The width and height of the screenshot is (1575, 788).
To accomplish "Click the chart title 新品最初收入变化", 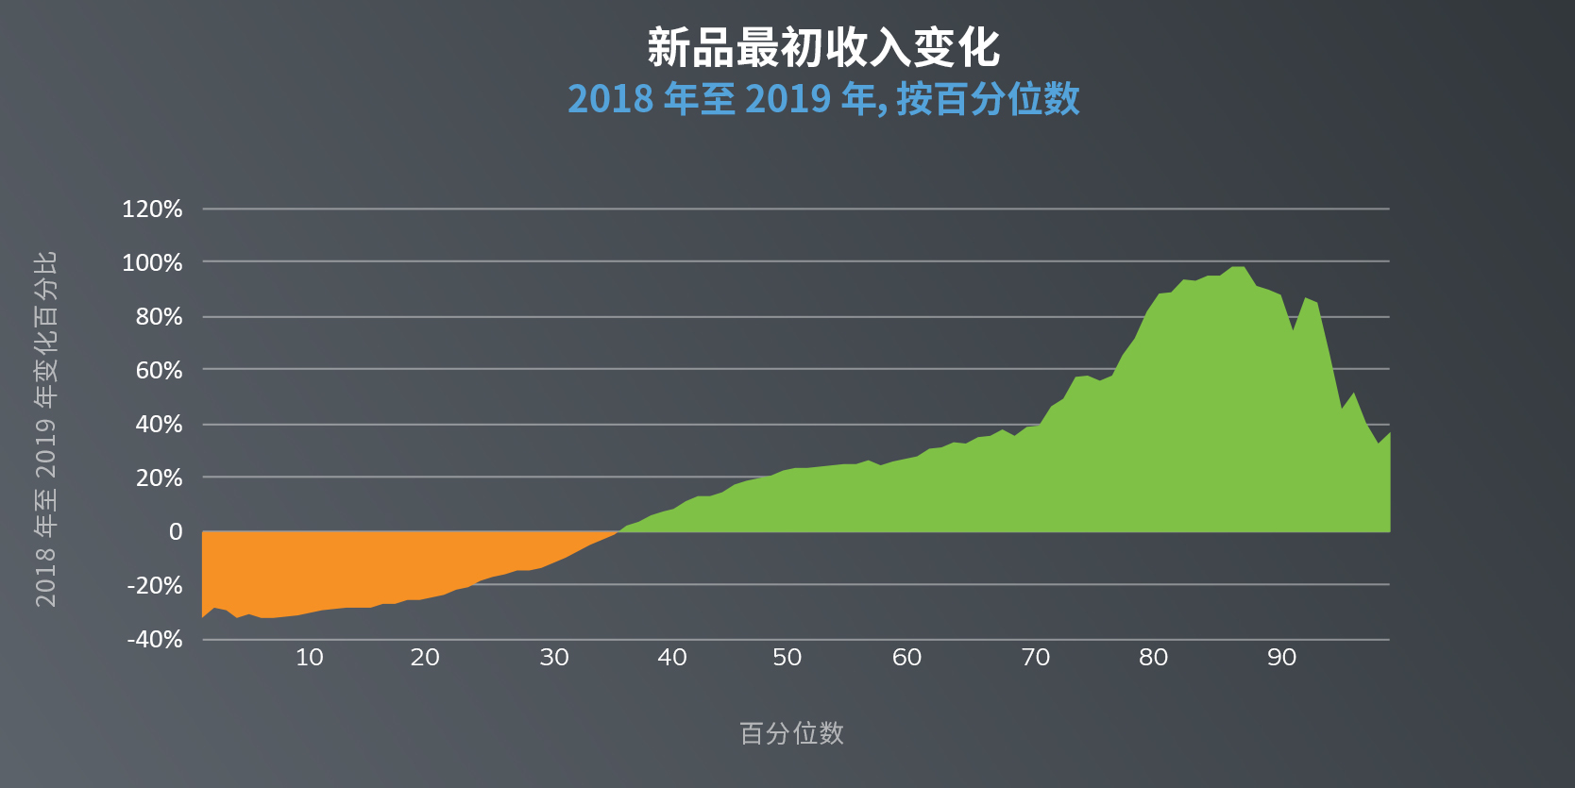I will coord(822,47).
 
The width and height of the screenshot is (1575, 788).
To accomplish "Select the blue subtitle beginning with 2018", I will coord(822,99).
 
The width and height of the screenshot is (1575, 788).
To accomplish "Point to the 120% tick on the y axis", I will coord(152,210).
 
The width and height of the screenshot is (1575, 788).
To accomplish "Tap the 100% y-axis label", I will coord(152,263).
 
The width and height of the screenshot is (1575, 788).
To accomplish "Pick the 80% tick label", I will coord(159,317).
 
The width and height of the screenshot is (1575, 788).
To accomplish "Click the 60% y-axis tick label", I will coord(159,371).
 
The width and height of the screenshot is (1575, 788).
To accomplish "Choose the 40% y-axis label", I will coord(159,425).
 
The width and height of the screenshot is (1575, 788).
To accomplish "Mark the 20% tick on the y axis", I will coord(159,478).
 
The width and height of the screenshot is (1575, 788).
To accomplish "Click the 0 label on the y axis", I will coord(176,532).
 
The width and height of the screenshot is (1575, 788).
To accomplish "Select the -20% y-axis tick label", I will coord(155,586).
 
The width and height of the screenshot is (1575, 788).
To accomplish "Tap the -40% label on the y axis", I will coord(155,640).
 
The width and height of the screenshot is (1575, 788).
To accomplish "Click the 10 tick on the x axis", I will coord(310,658).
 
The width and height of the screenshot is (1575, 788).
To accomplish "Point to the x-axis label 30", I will coord(554,658).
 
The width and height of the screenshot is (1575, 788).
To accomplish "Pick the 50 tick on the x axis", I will coord(787,658).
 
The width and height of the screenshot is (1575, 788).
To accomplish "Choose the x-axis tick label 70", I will coord(1036,658).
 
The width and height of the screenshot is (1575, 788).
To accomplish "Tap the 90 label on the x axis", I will coord(1281,658).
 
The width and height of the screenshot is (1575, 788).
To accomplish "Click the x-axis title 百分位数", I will coord(791,733).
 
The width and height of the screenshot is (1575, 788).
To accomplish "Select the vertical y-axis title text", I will coord(45,429).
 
